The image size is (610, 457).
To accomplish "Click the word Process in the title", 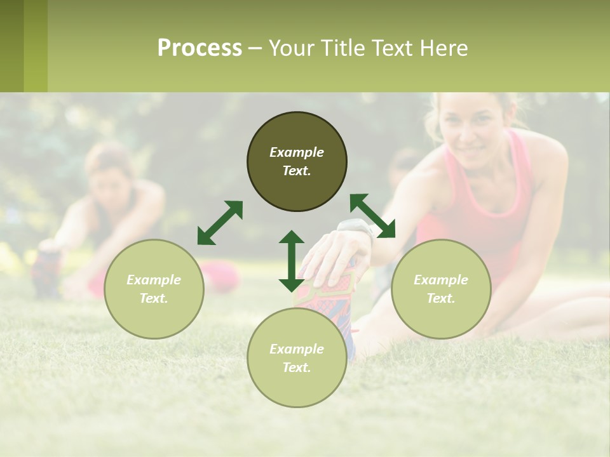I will (x=200, y=48).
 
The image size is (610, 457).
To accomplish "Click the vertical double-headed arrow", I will (x=292, y=261).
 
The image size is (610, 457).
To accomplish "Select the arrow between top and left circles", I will (x=220, y=222).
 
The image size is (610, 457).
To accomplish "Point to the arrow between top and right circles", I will (x=372, y=216).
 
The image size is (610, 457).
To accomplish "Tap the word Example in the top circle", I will (x=297, y=152).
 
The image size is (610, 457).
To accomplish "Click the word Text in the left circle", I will (x=154, y=298).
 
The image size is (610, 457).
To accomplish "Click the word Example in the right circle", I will (x=441, y=280).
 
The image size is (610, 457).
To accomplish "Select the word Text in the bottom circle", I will (x=297, y=368).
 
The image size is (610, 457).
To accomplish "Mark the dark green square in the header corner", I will (x=11, y=46).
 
